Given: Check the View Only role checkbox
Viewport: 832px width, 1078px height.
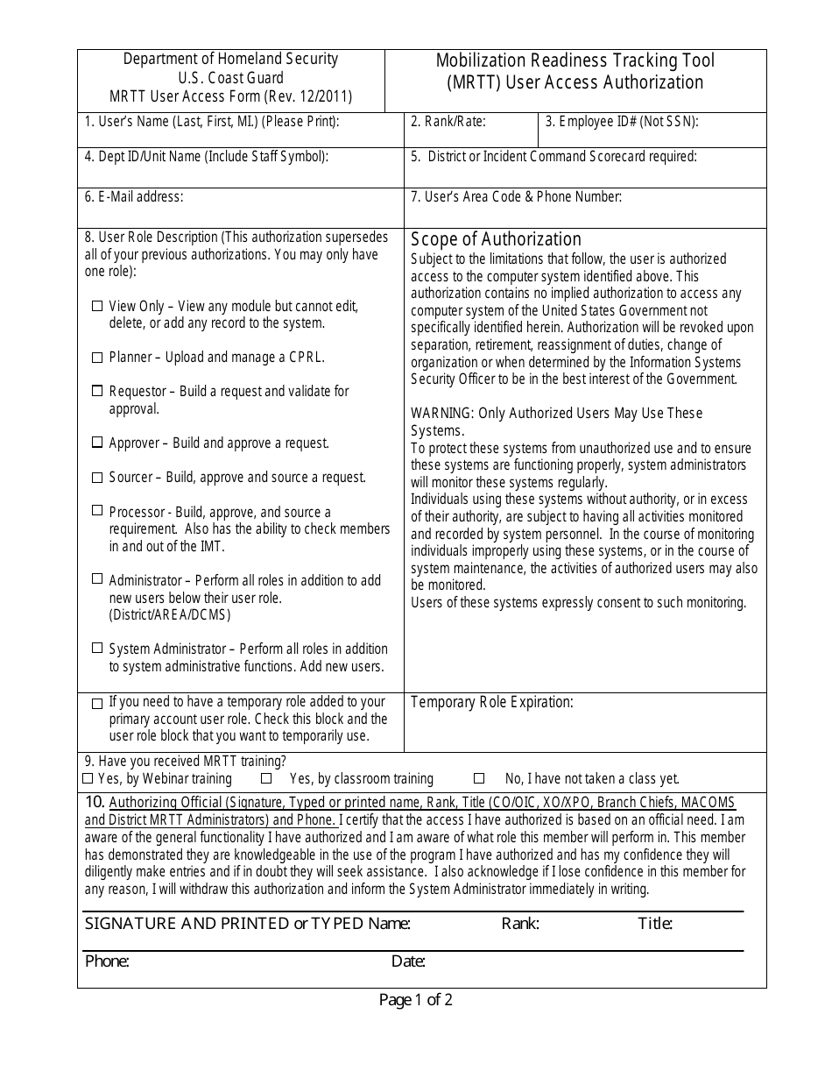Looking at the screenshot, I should [97, 307].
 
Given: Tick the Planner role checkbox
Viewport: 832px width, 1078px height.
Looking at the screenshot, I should [97, 358].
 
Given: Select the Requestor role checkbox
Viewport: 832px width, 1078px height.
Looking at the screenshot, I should [97, 392].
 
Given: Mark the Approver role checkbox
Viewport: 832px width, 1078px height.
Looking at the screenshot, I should [97, 443].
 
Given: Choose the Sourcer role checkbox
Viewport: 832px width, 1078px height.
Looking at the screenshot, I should [97, 478].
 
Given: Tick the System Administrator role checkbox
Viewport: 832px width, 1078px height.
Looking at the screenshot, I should [97, 649].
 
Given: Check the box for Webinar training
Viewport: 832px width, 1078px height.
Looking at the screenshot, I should [88, 778].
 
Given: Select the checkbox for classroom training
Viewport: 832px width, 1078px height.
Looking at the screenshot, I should [266, 778].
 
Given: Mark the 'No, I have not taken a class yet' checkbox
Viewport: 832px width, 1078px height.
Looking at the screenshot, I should [479, 778].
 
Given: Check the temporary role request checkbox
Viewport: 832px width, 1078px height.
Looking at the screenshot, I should [97, 703].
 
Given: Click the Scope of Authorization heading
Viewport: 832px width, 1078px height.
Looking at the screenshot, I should [496, 239].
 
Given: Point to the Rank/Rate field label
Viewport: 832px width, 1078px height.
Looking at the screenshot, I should [448, 122].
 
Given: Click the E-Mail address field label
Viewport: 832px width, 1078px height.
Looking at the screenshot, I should [134, 197].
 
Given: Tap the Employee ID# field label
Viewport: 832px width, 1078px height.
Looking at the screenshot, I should [622, 122].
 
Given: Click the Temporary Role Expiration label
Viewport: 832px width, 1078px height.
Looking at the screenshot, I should [492, 702].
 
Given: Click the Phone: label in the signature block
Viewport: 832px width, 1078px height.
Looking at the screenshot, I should [107, 961].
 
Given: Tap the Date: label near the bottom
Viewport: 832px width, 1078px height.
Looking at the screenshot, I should [408, 961].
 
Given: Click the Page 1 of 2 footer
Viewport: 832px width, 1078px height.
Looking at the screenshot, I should [416, 1000].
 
